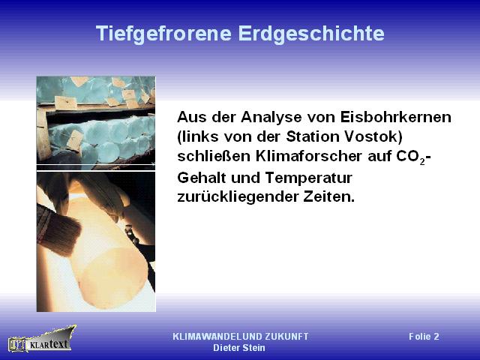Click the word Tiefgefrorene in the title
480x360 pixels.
(163, 34)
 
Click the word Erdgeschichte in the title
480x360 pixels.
(311, 33)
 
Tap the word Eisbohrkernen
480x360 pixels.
(395, 117)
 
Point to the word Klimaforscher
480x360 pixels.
(309, 156)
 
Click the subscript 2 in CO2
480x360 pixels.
(422, 162)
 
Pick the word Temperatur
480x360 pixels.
(308, 178)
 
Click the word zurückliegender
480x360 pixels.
(238, 197)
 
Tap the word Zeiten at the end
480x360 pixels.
(329, 196)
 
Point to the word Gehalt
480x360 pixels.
(202, 178)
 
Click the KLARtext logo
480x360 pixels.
(42, 339)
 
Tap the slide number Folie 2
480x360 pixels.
(424, 337)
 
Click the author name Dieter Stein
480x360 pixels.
(239, 348)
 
